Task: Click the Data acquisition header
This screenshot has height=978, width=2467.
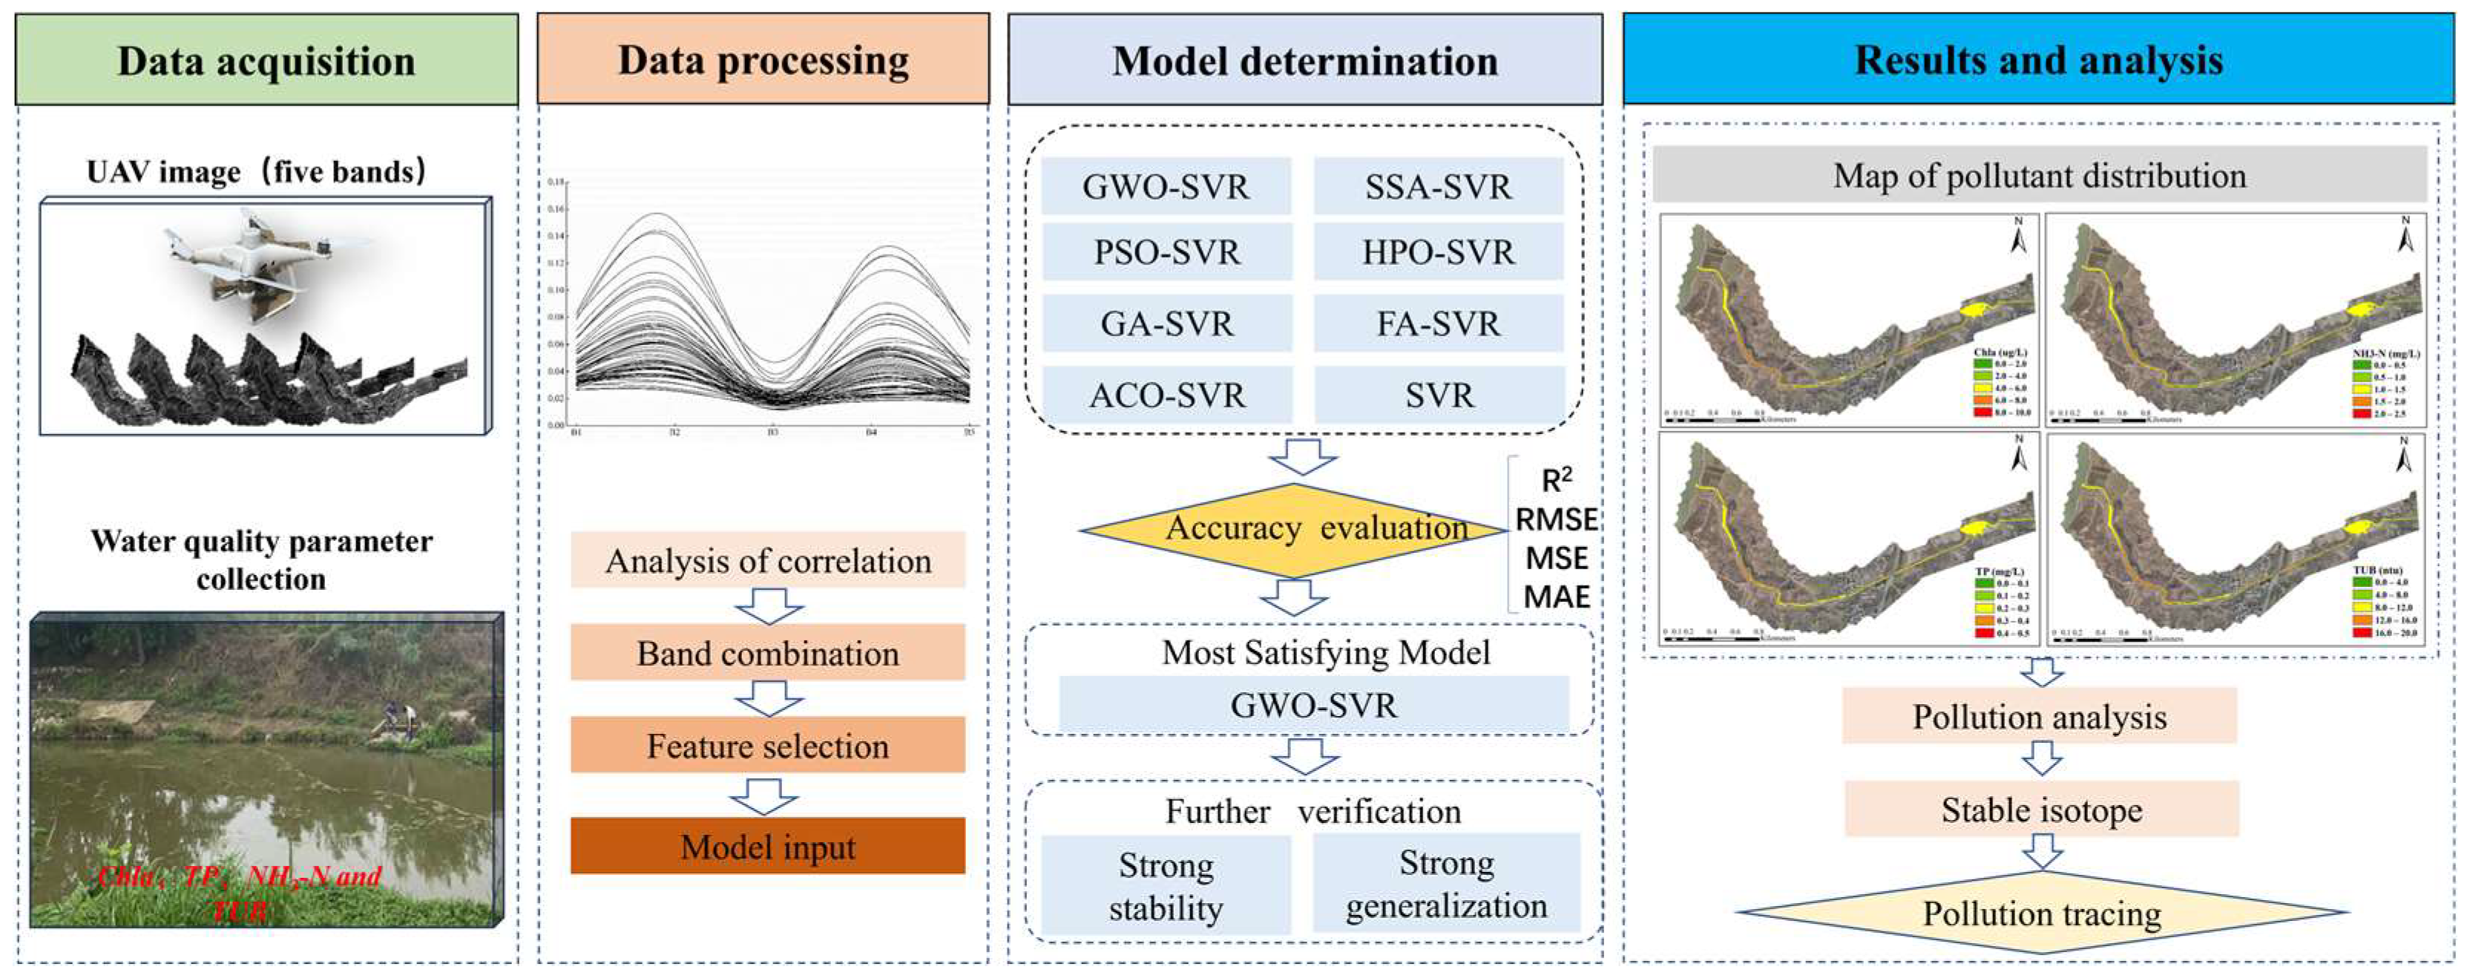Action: (266, 59)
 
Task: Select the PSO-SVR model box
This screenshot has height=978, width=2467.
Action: (1166, 252)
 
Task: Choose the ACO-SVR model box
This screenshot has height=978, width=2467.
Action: (1166, 395)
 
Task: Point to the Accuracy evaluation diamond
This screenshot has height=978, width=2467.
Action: (1293, 529)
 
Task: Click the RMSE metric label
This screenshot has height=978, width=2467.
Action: (1556, 519)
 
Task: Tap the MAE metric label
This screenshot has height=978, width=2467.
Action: (1556, 597)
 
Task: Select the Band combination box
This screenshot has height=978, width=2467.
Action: (767, 653)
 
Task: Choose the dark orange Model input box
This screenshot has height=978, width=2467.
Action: (767, 846)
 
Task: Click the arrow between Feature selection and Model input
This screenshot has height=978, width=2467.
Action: (763, 795)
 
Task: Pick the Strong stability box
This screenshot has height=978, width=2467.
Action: (1166, 886)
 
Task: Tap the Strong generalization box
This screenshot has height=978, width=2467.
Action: (1446, 883)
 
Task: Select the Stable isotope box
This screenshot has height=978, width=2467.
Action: (2041, 810)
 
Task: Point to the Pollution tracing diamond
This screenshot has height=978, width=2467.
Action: (2041, 913)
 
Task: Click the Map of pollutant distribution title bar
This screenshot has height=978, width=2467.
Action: (2039, 175)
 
